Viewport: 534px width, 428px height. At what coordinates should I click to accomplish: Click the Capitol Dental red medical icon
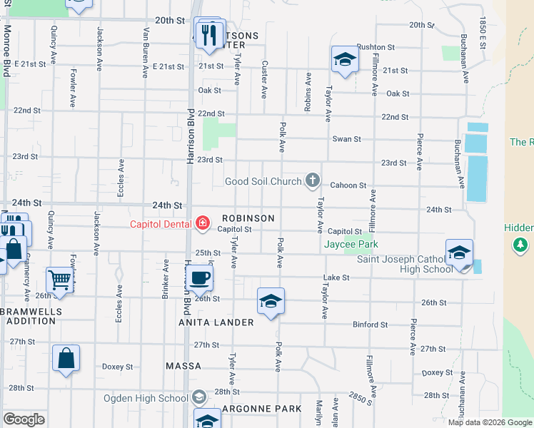coord(203,224)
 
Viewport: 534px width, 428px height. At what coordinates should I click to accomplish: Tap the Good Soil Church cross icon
coord(312,180)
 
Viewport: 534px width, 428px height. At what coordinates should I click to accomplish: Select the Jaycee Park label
coord(350,244)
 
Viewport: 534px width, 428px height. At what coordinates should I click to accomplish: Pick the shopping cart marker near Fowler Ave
coord(60,280)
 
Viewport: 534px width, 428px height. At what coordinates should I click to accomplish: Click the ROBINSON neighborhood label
coord(248,218)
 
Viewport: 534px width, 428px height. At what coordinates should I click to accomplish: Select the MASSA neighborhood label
coord(183,366)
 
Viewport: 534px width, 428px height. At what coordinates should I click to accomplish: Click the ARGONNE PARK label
coord(262,409)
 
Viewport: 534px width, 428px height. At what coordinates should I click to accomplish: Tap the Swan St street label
coord(346,139)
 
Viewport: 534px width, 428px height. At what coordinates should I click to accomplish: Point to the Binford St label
coord(371,325)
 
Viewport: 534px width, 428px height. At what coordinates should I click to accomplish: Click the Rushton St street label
coord(376,47)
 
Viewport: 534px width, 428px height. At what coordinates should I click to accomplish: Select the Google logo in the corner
coord(24,419)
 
